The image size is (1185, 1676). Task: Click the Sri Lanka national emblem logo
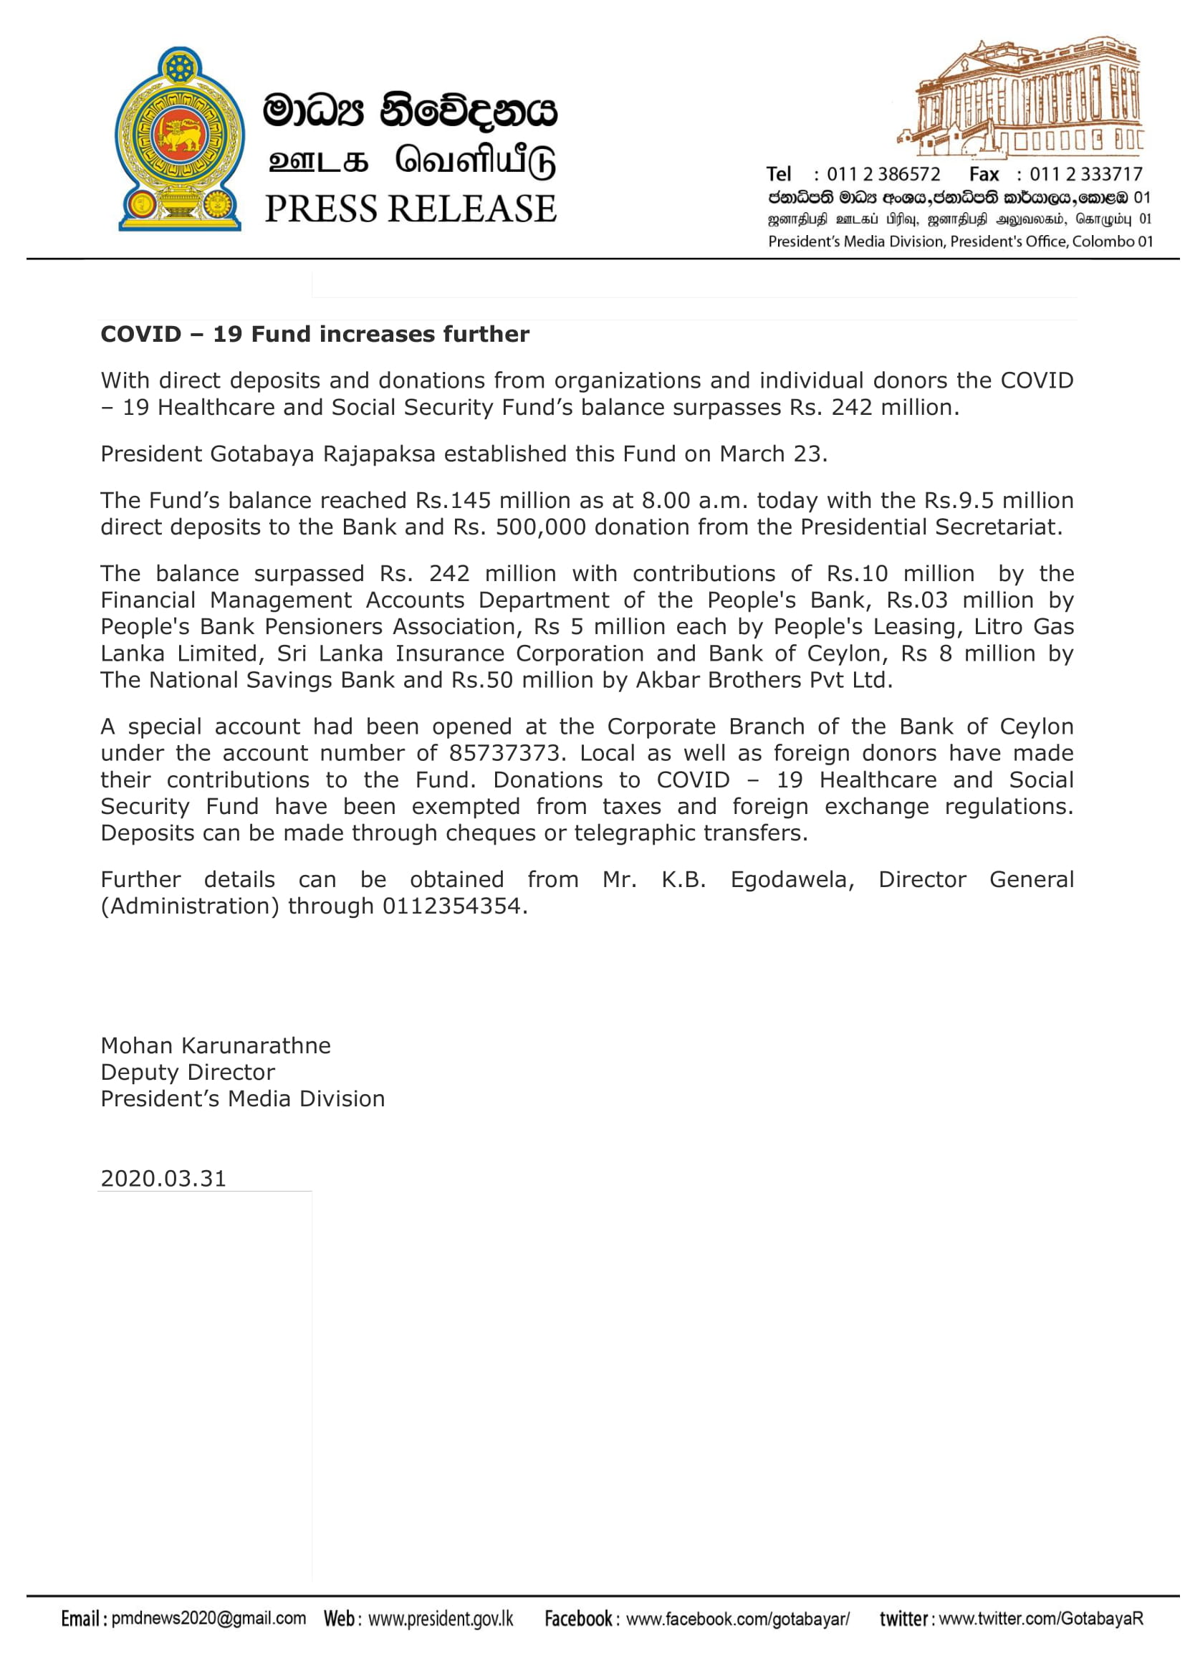[180, 139]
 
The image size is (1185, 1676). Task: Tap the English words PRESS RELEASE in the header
[410, 209]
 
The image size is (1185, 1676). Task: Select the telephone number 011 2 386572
[883, 174]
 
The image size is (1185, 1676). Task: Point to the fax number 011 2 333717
[1085, 174]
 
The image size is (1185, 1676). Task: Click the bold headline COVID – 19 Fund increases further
[315, 335]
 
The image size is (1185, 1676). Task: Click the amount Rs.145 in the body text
[453, 501]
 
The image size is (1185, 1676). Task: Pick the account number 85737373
[507, 753]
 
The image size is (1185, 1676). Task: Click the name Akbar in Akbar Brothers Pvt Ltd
[666, 680]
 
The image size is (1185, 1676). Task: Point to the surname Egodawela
[792, 880]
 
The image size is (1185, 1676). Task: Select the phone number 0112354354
[451, 906]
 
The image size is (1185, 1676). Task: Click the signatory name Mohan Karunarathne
[215, 1046]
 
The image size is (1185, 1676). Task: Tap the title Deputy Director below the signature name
[188, 1073]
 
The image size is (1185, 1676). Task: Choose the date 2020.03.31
[163, 1179]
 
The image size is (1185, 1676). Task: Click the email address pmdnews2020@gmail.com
[208, 1619]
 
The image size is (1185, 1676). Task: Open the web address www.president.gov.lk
[441, 1619]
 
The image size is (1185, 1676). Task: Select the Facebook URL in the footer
[738, 1619]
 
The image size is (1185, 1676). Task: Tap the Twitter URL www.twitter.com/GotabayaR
[1040, 1619]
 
